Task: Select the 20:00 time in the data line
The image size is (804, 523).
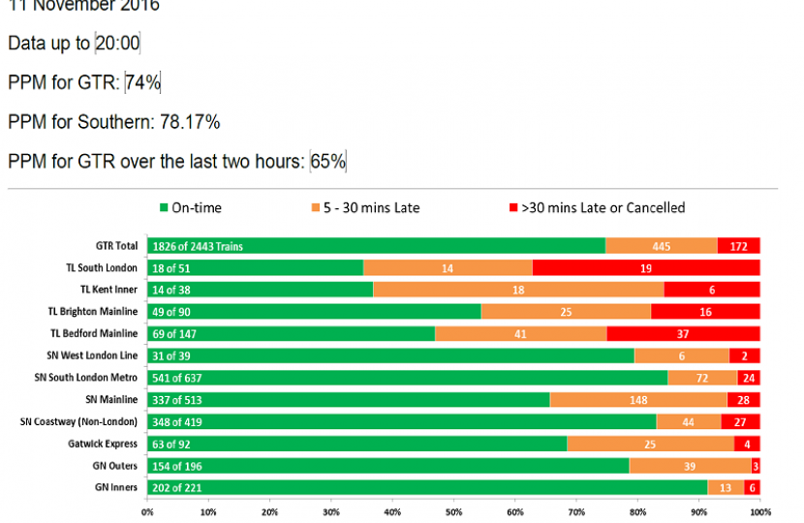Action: pos(117,44)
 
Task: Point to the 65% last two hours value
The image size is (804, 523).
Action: pos(328,162)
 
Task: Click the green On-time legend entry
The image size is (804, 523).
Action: pos(198,207)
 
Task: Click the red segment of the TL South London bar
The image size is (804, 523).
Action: pos(646,267)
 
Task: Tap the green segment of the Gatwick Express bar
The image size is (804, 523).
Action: pos(356,445)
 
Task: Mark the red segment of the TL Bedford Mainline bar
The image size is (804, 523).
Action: pos(683,334)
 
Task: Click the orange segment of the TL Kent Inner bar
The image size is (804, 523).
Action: pos(518,289)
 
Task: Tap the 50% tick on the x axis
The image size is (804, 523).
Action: pos(453,511)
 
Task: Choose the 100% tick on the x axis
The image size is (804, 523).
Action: pos(759,511)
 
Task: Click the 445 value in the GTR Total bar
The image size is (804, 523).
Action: pos(662,246)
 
